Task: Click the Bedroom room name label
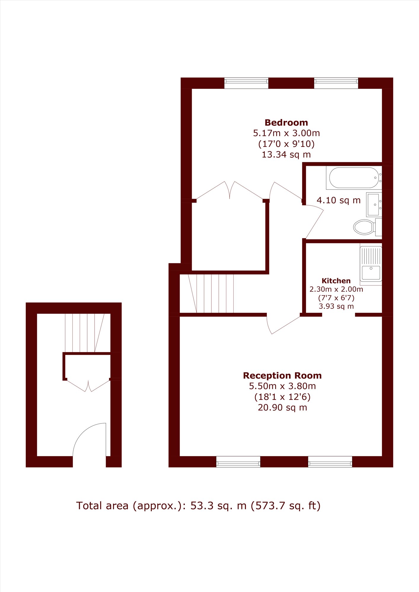point(286,123)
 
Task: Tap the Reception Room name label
point(282,376)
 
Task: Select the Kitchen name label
point(336,281)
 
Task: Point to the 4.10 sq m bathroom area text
point(338,200)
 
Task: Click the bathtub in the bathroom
point(354,178)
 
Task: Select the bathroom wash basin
point(374,205)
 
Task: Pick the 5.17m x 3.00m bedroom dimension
point(286,133)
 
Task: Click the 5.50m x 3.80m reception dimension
point(282,386)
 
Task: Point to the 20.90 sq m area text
point(282,407)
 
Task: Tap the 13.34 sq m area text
point(286,155)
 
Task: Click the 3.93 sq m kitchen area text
point(336,306)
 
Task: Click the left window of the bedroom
point(246,83)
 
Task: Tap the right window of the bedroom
point(336,83)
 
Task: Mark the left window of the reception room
point(238,462)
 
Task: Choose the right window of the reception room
point(330,462)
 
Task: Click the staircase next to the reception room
point(211,293)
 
